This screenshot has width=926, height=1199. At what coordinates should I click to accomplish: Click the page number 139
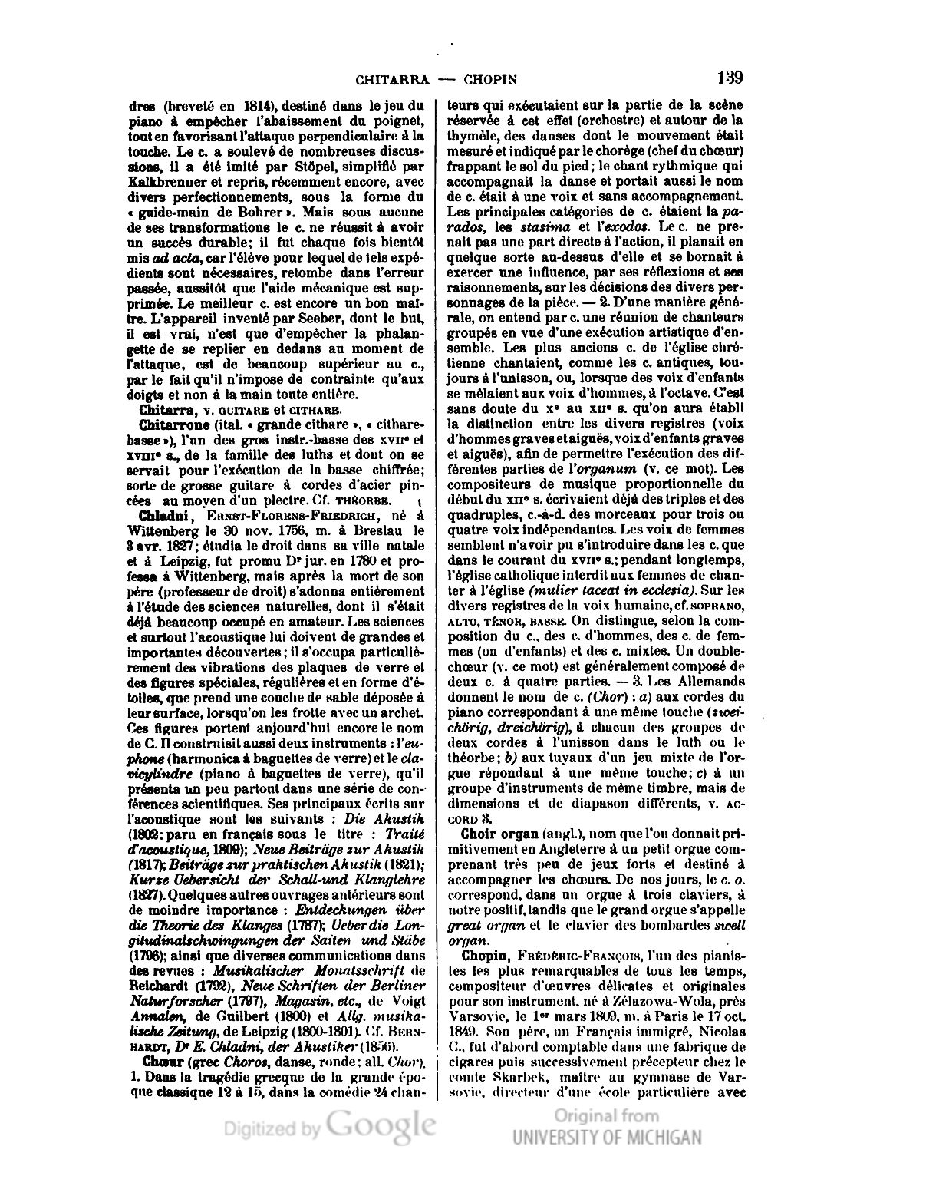[x=729, y=78]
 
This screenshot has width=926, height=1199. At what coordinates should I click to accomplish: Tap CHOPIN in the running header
[x=489, y=80]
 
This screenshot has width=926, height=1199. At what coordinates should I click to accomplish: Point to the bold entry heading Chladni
[x=158, y=515]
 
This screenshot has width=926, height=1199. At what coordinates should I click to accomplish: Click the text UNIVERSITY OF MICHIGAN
[x=607, y=1137]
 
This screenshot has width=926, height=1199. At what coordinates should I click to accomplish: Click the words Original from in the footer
[x=606, y=1115]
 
